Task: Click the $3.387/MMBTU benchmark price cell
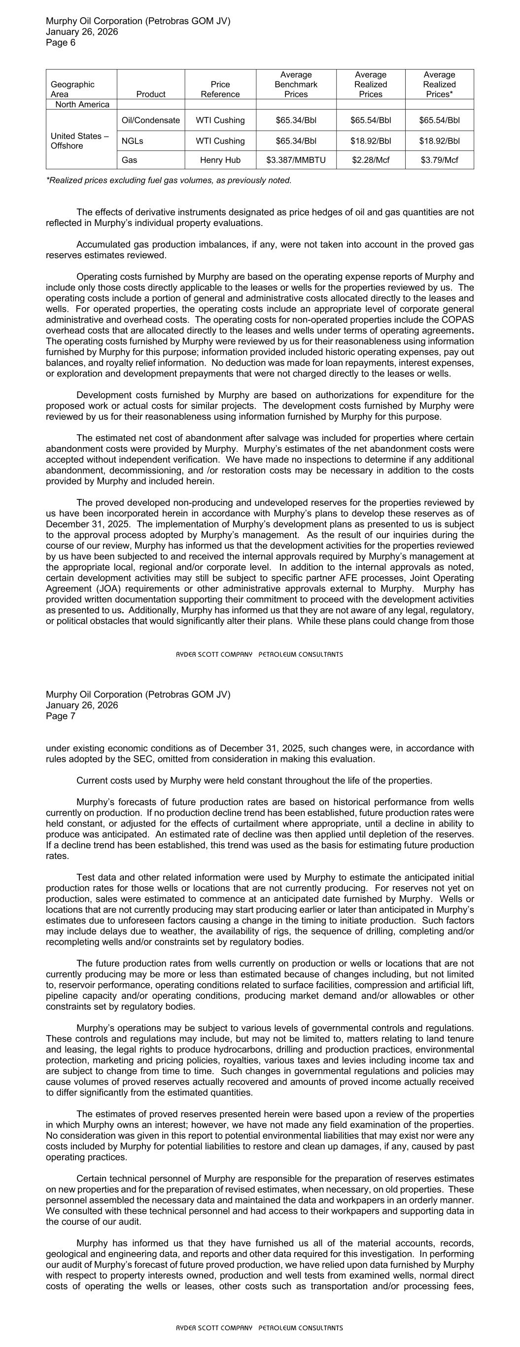click(296, 160)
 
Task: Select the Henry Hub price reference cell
click(220, 160)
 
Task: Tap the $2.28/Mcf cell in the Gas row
click(370, 160)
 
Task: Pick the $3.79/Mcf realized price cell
click(439, 160)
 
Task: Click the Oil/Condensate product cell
click(150, 120)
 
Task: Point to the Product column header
click(150, 94)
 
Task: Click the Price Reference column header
click(220, 89)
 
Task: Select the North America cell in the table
click(82, 105)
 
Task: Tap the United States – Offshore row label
click(79, 141)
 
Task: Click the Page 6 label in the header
click(61, 43)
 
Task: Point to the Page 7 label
click(61, 716)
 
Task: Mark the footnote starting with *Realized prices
click(168, 181)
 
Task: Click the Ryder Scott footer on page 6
click(259, 654)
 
